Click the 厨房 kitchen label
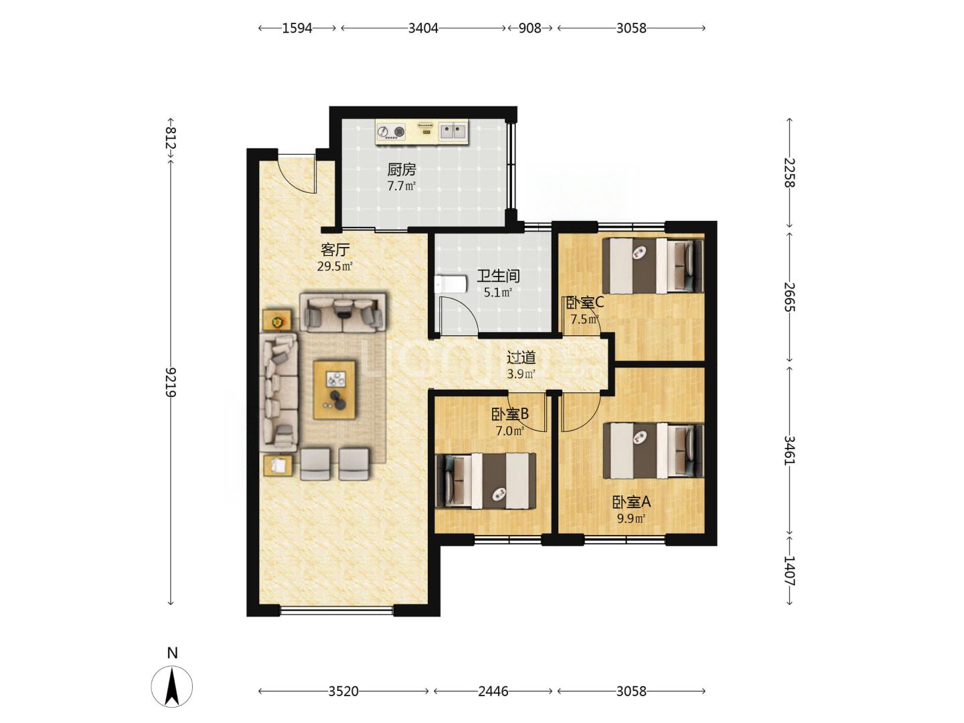(x=402, y=169)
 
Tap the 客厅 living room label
(x=335, y=250)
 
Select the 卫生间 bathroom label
(x=499, y=276)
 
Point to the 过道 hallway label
(x=521, y=357)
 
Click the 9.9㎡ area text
(x=631, y=519)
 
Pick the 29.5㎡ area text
(x=335, y=266)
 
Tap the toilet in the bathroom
(x=450, y=285)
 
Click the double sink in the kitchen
(x=453, y=131)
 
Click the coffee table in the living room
(x=334, y=390)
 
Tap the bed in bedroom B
(x=485, y=481)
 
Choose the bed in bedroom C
(x=653, y=266)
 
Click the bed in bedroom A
(x=653, y=451)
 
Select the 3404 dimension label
(x=423, y=28)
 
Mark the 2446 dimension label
(x=493, y=692)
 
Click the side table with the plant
(x=277, y=320)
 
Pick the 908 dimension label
(x=530, y=28)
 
